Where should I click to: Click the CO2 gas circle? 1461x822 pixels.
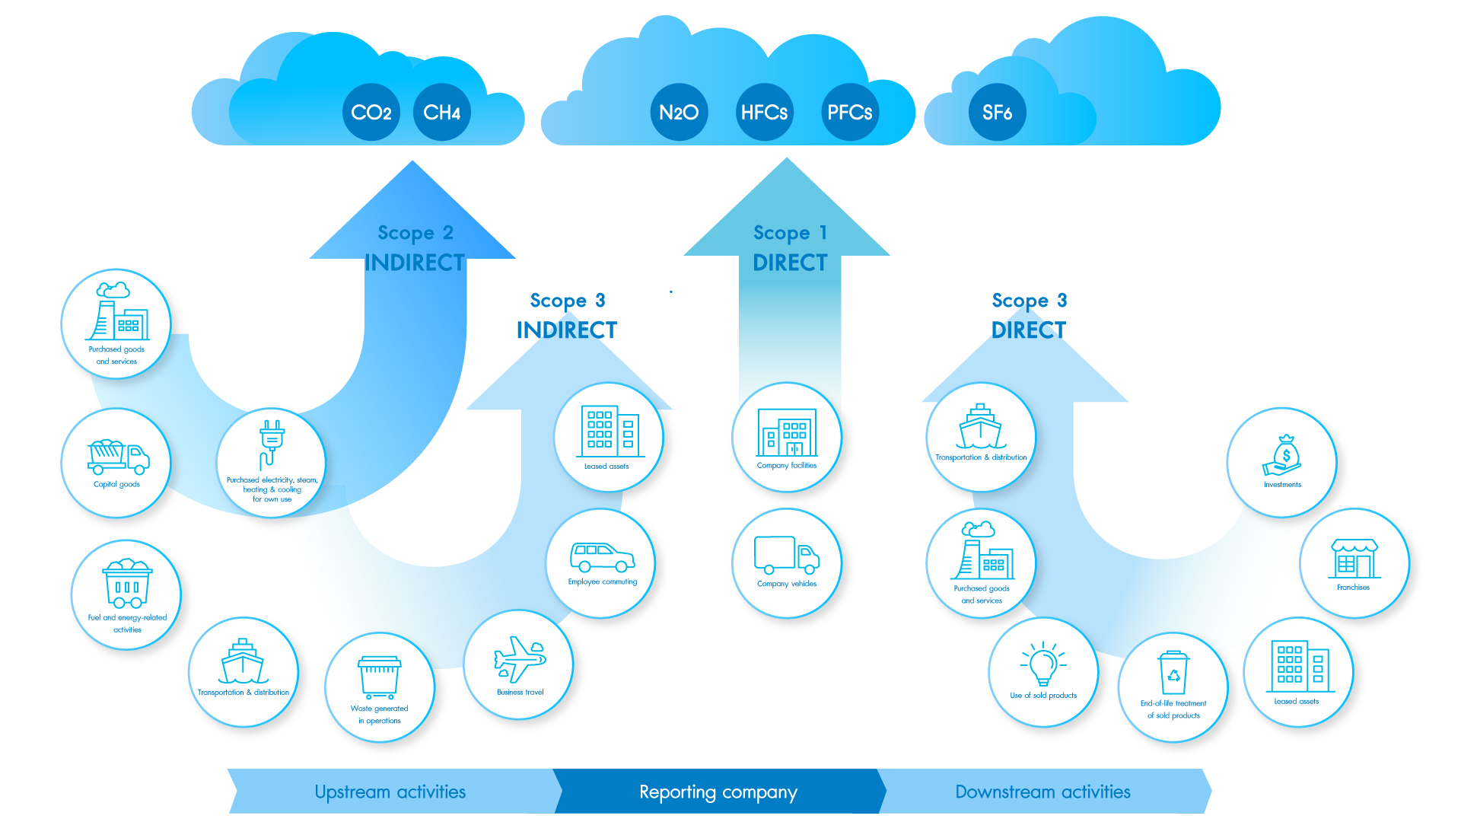click(371, 113)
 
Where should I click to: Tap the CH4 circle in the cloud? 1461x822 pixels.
click(441, 113)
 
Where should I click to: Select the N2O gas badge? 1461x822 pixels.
click(679, 113)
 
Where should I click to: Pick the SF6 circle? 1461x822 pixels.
click(997, 113)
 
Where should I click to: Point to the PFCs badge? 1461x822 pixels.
click(849, 113)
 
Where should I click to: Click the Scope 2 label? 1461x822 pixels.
click(415, 232)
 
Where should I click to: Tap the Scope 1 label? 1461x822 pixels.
click(790, 232)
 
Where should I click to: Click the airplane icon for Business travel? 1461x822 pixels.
click(519, 658)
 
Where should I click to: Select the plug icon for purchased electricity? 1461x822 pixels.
click(271, 444)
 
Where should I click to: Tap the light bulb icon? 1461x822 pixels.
click(1043, 664)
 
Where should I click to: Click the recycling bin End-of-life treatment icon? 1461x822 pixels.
click(1173, 673)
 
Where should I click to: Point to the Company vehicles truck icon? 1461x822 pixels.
click(787, 555)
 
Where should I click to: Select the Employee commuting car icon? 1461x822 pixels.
click(602, 557)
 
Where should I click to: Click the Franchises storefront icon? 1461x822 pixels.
click(1354, 559)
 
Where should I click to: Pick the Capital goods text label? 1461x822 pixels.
click(116, 484)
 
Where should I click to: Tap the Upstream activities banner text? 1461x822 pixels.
click(390, 792)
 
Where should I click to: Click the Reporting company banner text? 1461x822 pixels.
click(718, 792)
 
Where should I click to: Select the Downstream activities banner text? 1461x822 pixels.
click(1042, 792)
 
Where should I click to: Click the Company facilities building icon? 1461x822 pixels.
click(787, 432)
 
